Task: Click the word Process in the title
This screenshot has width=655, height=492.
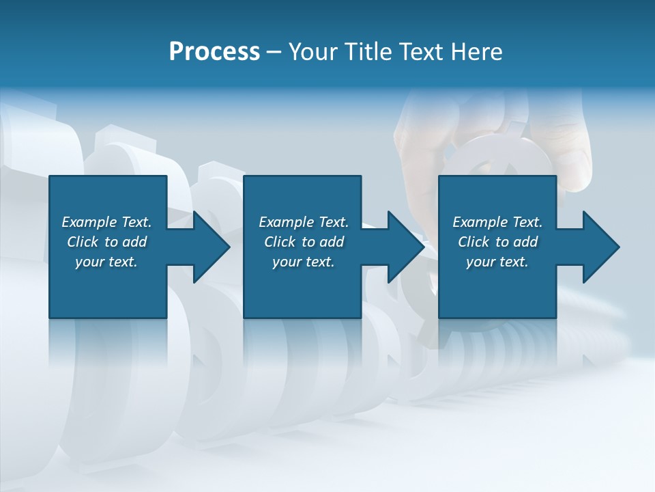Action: [x=214, y=52]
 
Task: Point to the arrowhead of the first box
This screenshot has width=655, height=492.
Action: [x=212, y=247]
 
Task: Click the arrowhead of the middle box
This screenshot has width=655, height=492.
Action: [x=406, y=247]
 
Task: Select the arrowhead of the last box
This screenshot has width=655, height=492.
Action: [x=601, y=247]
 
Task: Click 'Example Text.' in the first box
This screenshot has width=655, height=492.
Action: [x=106, y=222]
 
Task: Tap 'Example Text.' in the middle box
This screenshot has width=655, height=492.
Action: [x=304, y=222]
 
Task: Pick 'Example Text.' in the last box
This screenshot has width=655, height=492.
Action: [x=497, y=222]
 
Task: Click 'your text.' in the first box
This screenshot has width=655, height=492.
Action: [x=106, y=262]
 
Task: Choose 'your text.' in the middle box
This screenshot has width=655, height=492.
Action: [x=304, y=262]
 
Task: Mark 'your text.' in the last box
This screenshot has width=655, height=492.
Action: [x=497, y=262]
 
